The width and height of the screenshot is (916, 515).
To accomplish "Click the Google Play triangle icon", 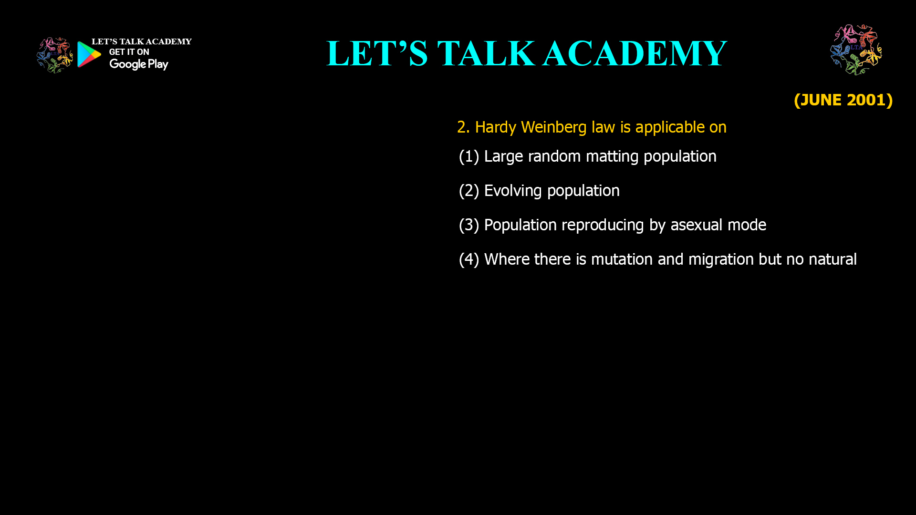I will point(89,54).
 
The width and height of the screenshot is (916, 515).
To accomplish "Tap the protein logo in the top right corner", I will point(856,50).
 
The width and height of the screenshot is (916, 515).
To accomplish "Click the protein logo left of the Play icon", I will point(54,55).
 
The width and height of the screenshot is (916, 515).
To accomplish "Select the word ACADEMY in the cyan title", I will point(635,53).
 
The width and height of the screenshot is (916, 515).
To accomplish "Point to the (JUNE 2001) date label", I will point(843,100).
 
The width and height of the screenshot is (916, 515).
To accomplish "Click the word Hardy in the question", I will point(495,127).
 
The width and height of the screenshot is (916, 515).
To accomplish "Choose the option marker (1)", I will point(468,156).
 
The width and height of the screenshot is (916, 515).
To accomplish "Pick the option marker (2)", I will point(468,191).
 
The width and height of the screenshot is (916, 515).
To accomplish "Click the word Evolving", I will point(513,191).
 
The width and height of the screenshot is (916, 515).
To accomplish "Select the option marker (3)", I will point(468,225).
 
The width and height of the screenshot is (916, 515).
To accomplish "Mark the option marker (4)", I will point(468,259).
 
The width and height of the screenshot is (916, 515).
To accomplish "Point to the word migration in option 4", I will point(720,259).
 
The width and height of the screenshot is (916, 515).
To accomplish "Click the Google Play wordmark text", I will point(138,64).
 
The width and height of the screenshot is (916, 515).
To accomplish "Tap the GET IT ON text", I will point(129,52).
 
